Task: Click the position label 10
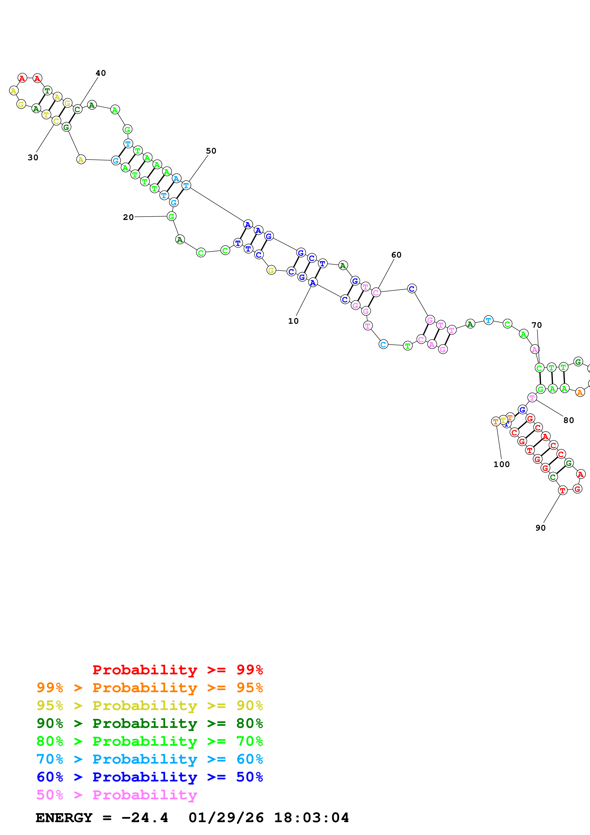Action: pyautogui.click(x=293, y=321)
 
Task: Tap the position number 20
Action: pyautogui.click(x=128, y=217)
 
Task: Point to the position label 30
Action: pyautogui.click(x=33, y=158)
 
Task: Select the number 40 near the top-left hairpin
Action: pyautogui.click(x=101, y=73)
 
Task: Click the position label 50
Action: pyautogui.click(x=211, y=151)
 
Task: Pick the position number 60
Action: pyautogui.click(x=396, y=255)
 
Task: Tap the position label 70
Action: pyautogui.click(x=536, y=325)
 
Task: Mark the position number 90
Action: pyautogui.click(x=540, y=528)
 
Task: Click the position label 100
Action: pyautogui.click(x=501, y=464)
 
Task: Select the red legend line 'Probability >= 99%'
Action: pyautogui.click(x=177, y=670)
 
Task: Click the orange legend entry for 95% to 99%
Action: pyautogui.click(x=149, y=687)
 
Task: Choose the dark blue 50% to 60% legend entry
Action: pyautogui.click(x=149, y=777)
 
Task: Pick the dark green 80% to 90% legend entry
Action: pyautogui.click(x=149, y=723)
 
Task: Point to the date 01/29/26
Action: pyautogui.click(x=226, y=818)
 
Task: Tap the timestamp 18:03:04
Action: pyautogui.click(x=311, y=818)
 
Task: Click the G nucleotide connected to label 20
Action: pyautogui.click(x=171, y=216)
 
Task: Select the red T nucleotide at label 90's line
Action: pyautogui.click(x=562, y=491)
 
